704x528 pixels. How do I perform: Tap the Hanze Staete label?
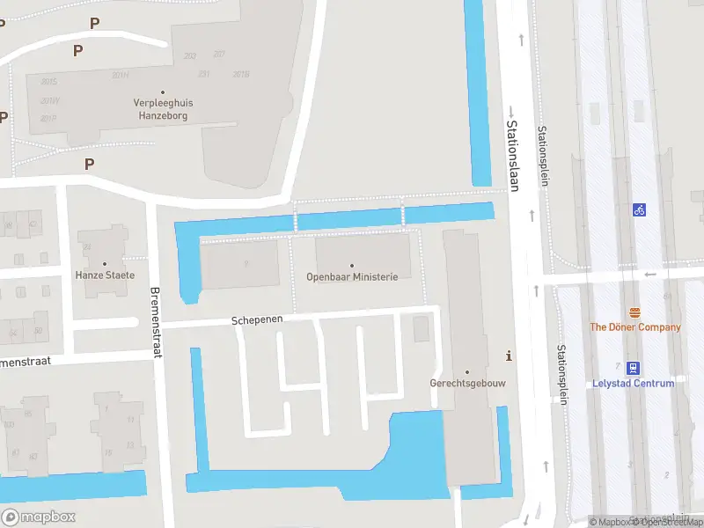[x=106, y=275]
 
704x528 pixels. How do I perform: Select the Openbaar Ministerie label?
[x=352, y=276]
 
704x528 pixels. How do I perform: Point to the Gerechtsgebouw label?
[x=467, y=384]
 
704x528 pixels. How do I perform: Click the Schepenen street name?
[x=257, y=320]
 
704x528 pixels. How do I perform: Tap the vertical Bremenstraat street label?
[x=156, y=316]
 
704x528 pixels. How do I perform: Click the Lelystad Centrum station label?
[x=634, y=384]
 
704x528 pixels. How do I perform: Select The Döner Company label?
[x=634, y=327]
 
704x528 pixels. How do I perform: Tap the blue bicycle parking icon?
[x=639, y=210]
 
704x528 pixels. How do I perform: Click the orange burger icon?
[x=634, y=312]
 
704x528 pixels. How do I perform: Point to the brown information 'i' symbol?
[x=509, y=356]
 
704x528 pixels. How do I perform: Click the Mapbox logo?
[x=39, y=517]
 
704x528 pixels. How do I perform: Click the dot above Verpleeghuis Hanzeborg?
[x=164, y=92]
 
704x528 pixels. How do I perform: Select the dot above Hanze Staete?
[x=106, y=263]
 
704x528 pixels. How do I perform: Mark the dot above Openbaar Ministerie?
[x=352, y=265]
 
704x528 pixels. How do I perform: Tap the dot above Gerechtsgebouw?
[x=467, y=371]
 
